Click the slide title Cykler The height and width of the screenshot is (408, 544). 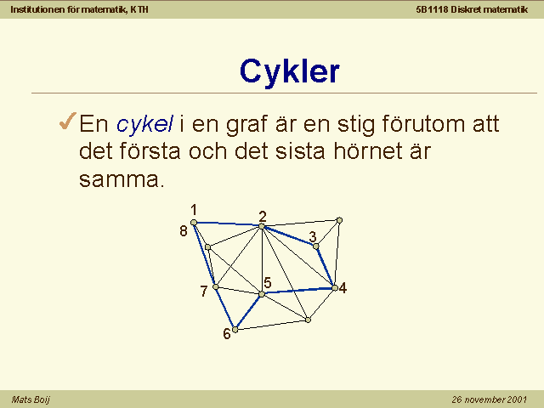289,71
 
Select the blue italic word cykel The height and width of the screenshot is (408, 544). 145,123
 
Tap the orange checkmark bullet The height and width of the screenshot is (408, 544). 68,121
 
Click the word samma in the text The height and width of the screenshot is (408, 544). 121,179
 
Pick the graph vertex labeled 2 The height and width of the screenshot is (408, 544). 262,226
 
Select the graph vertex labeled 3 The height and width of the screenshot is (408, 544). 315,246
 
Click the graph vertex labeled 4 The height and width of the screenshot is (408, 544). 334,288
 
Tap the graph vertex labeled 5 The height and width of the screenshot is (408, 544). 262,294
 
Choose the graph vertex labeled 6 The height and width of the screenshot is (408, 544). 235,330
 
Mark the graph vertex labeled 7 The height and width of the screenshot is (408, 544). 215,287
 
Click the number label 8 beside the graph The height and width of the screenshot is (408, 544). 184,231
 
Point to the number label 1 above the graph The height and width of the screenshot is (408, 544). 194,210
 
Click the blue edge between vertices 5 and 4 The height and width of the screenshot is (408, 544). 298,291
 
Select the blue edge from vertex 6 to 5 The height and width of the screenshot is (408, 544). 248,312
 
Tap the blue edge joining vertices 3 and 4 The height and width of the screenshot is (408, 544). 325,267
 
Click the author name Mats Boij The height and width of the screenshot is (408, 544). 31,399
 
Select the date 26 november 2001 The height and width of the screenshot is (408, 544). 490,399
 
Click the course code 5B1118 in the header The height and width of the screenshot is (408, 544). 432,9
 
